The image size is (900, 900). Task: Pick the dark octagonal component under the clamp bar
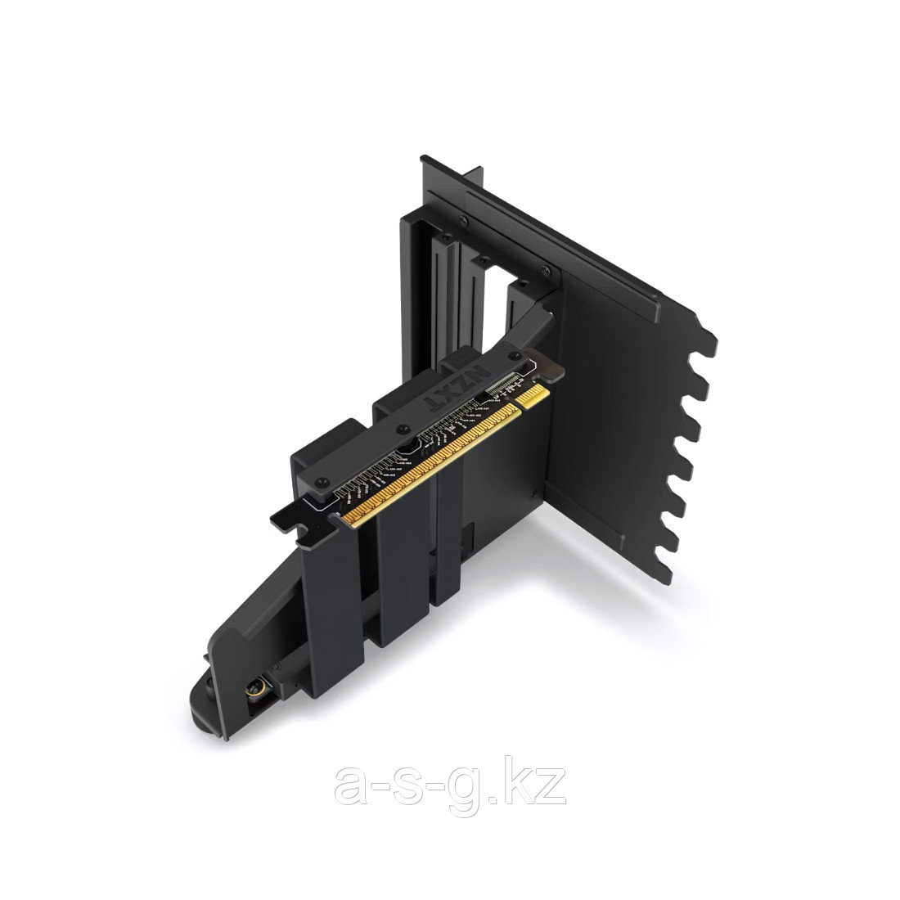coord(407,444)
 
